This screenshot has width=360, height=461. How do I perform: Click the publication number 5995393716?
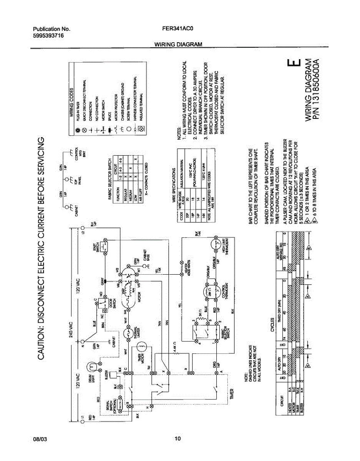(x=48, y=35)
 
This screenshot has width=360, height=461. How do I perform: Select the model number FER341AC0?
(x=178, y=29)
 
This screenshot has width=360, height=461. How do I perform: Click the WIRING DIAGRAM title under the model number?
(x=178, y=45)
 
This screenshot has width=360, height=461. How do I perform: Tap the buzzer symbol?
(x=114, y=375)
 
